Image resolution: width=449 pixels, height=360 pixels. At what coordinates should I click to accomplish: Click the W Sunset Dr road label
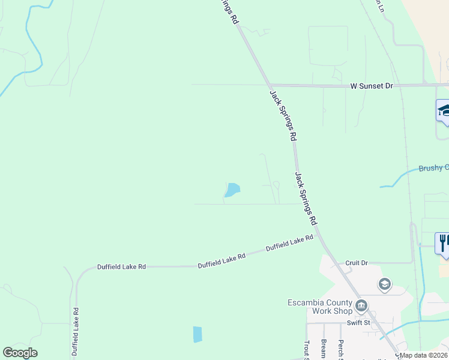[372, 86]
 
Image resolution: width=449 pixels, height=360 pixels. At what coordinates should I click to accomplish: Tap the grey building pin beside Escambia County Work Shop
[361, 307]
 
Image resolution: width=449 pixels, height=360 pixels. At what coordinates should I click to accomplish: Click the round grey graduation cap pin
[384, 284]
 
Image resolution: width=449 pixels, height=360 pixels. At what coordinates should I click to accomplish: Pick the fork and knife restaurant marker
[443, 242]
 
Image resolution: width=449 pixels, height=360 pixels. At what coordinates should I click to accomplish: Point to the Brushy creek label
[433, 168]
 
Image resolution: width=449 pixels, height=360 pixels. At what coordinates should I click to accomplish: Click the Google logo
[20, 353]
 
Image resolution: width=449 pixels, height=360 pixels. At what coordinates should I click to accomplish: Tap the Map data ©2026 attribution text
[423, 355]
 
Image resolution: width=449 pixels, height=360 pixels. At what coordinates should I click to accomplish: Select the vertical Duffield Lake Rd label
[76, 332]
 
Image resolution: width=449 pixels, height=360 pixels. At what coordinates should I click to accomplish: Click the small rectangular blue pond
[197, 334]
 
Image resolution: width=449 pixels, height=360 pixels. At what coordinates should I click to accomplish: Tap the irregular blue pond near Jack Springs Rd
[232, 190]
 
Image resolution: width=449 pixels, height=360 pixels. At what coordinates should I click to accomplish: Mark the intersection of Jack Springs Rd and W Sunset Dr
[268, 85]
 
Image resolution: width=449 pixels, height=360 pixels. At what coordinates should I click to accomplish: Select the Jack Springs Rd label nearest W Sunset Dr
[283, 115]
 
